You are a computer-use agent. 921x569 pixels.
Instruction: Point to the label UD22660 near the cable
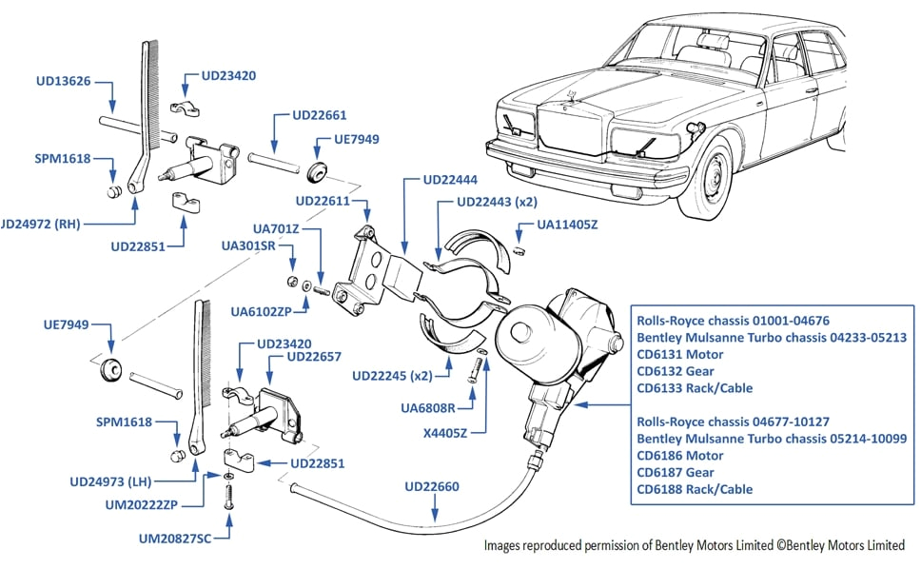tap(431, 486)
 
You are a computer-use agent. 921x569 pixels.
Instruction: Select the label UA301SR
tap(248, 245)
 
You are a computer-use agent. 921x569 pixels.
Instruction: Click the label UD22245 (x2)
tap(390, 375)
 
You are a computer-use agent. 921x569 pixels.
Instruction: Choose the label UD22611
tap(323, 202)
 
